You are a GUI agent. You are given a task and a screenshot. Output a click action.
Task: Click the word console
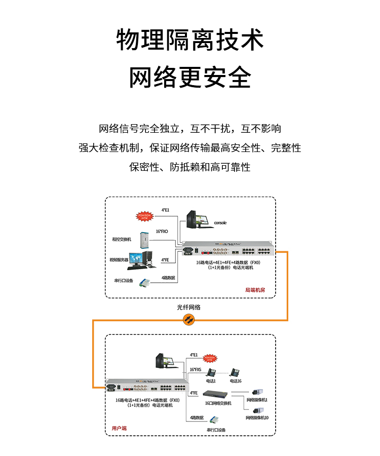click(x=220, y=223)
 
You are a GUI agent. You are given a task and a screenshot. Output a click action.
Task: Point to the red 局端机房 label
click(x=255, y=290)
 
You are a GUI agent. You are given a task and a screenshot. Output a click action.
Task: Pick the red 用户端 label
click(x=119, y=428)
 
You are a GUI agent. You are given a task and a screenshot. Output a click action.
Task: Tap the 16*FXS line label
click(x=196, y=370)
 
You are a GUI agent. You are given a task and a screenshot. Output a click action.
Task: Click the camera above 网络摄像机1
click(x=258, y=392)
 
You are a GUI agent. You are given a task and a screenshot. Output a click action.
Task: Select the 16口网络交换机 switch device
click(x=217, y=394)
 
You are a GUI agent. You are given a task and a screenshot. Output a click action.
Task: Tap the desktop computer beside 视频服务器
click(x=140, y=259)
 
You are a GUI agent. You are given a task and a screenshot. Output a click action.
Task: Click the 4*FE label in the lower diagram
click(x=193, y=393)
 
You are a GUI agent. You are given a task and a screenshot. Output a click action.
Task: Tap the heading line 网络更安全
click(x=190, y=78)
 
